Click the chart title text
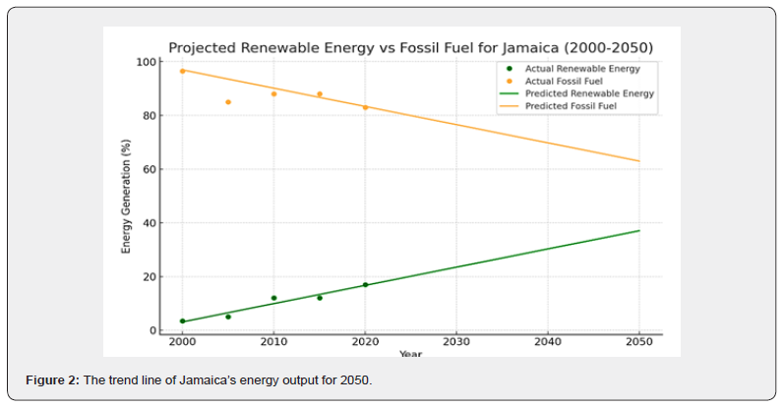[x=410, y=47]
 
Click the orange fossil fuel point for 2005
[x=228, y=102]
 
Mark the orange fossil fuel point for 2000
[x=182, y=71]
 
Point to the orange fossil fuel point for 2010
[x=273, y=93]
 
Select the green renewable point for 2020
[x=365, y=285]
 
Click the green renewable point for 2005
[x=228, y=317]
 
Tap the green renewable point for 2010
[x=273, y=298]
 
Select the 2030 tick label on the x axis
[x=456, y=343]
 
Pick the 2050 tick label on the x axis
[x=639, y=343]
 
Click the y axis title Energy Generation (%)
[x=127, y=197]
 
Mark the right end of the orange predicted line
[x=639, y=161]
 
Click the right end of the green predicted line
[x=639, y=230]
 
